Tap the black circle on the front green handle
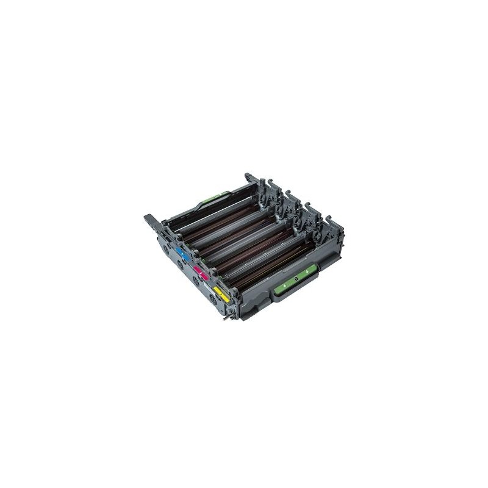295,280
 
